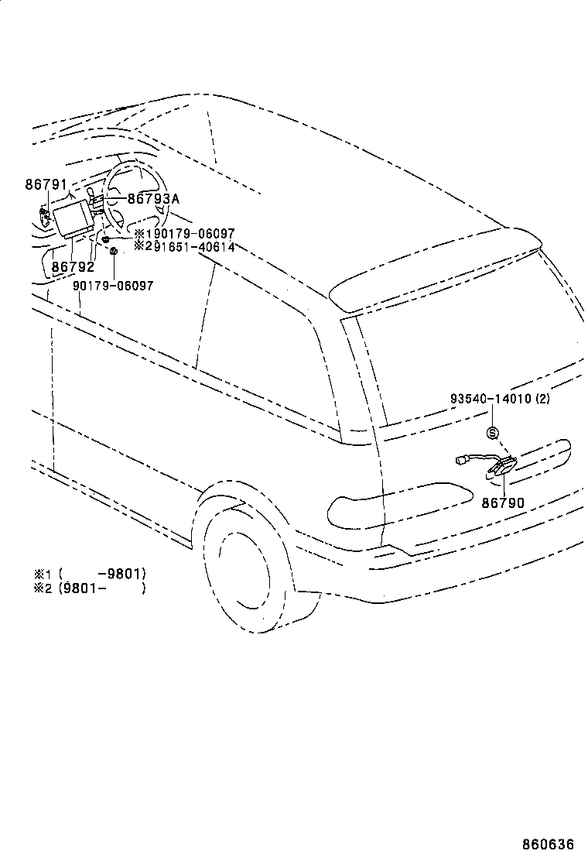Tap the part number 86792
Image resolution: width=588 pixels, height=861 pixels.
coord(73,267)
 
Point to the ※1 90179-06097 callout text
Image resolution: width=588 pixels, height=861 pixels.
coord(184,233)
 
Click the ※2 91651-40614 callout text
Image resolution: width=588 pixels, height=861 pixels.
coord(184,246)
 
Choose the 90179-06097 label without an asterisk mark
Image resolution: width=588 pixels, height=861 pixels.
coord(113,286)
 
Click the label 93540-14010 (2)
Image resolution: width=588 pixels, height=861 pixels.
coord(501,400)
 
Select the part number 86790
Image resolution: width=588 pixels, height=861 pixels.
coord(503,503)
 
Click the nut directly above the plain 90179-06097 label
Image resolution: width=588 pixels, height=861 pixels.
coord(114,251)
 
